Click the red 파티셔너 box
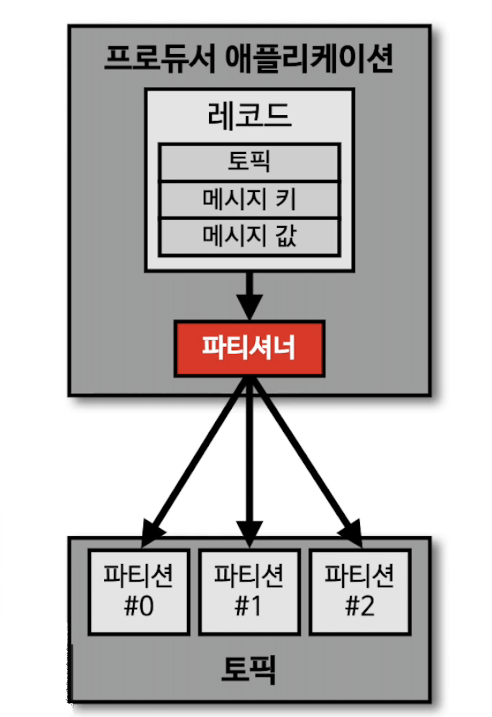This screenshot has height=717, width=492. pyautogui.click(x=249, y=348)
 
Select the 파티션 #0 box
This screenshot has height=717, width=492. pyautogui.click(x=139, y=592)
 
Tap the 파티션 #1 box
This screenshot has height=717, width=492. pyautogui.click(x=249, y=592)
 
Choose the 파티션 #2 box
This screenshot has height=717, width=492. pyautogui.click(x=360, y=592)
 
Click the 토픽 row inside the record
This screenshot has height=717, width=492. pyautogui.click(x=249, y=162)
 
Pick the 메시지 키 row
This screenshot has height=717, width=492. pyautogui.click(x=249, y=200)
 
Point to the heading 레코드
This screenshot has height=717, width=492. pyautogui.click(x=249, y=115)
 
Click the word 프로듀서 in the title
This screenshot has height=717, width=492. pyautogui.click(x=159, y=59)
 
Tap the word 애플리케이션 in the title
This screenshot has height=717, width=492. pyautogui.click(x=309, y=59)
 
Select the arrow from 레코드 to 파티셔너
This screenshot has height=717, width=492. pyautogui.click(x=249, y=294)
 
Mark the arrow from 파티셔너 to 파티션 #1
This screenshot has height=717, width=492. pyautogui.click(x=249, y=459)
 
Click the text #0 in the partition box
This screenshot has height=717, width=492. pyautogui.click(x=139, y=606)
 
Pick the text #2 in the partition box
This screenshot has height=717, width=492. pyautogui.click(x=360, y=606)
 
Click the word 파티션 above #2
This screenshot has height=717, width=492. pyautogui.click(x=359, y=576)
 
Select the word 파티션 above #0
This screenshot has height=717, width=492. pyautogui.click(x=138, y=576)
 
